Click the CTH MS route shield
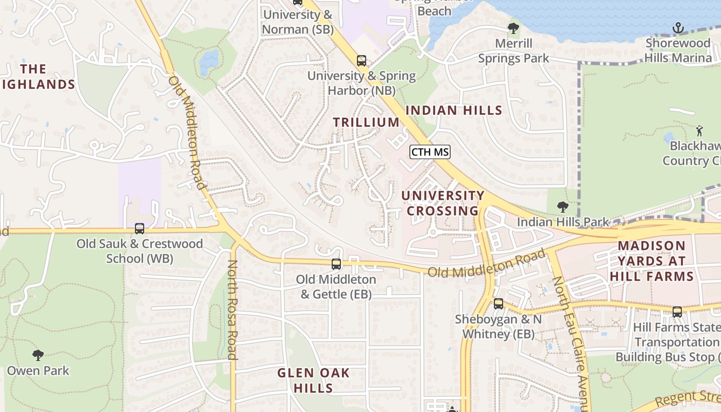(430, 152)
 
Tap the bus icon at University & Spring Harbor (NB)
(362, 61)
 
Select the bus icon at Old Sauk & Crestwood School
(139, 228)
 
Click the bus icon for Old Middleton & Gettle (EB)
(336, 264)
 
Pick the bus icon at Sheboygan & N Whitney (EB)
(498, 304)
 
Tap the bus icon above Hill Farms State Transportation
(677, 312)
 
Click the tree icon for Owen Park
(38, 355)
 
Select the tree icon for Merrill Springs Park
(513, 28)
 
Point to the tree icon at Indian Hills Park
(562, 207)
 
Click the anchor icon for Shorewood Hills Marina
(678, 27)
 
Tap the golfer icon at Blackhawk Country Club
(699, 131)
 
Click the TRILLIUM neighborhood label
(366, 123)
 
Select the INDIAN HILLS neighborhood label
(454, 110)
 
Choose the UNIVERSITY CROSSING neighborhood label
(442, 203)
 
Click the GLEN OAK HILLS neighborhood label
(313, 380)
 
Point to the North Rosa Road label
(232, 309)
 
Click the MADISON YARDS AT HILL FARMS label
(651, 261)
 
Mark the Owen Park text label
(38, 370)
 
